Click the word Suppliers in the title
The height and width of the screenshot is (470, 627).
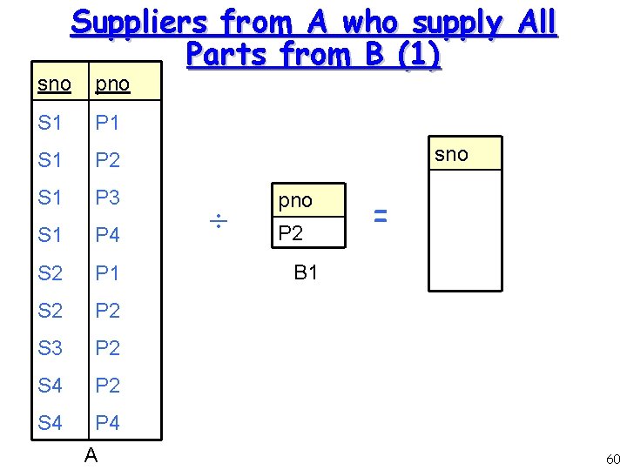[139, 23]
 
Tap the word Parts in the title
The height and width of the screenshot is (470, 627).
[224, 55]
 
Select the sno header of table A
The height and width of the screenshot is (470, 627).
[55, 84]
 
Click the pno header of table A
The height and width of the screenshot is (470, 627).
[112, 84]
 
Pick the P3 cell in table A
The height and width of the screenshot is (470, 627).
[107, 198]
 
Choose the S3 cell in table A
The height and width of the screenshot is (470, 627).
[51, 348]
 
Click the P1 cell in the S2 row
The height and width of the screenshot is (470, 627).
[107, 273]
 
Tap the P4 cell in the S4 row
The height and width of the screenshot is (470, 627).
[107, 423]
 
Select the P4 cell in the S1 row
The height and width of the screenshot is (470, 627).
[107, 235]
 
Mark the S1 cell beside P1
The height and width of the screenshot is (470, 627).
[51, 123]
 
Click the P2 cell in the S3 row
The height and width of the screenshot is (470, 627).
[107, 348]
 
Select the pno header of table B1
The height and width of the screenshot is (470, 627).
[295, 200]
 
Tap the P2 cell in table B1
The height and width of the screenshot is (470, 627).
[290, 232]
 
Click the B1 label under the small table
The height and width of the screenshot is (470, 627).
[306, 273]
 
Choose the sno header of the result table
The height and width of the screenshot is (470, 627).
[451, 154]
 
